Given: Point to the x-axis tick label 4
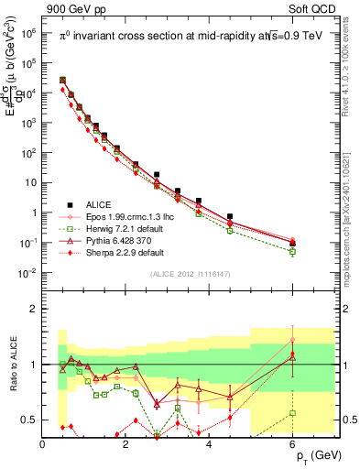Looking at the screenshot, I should coord(210,444).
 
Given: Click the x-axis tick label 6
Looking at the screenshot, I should coord(292,444).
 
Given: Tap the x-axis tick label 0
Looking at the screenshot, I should coord(43,444).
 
